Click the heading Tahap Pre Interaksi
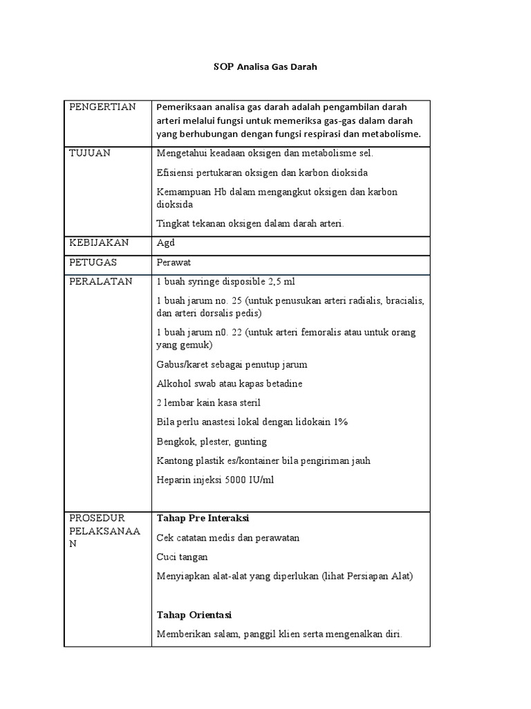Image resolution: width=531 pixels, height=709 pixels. point(203,519)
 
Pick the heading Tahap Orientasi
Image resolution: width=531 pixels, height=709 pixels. point(194,615)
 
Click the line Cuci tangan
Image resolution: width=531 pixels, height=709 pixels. point(182,557)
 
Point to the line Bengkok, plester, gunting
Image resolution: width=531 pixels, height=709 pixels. point(212,442)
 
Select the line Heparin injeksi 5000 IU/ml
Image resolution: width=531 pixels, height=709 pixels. point(215,480)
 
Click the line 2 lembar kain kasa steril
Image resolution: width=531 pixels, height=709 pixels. point(208,403)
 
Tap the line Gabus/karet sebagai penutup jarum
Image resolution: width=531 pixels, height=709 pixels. point(232,364)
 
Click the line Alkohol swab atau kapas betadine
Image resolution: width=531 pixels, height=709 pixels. point(230,384)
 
